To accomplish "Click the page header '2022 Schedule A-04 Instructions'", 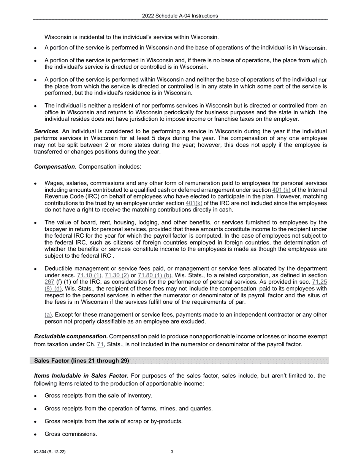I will click(180, 16).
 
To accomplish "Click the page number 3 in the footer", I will click(172, 452).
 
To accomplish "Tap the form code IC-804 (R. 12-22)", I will click(52, 452).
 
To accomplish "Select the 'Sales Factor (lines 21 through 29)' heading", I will click(81, 361).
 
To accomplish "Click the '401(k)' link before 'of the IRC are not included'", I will click(194, 204).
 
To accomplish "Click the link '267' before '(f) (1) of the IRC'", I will click(49, 282).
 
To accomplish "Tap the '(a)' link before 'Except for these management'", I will click(48, 315).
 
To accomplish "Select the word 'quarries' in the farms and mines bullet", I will click(200, 409).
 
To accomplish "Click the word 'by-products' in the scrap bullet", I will click(167, 421).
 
